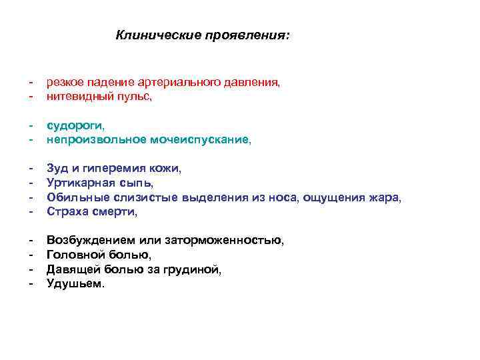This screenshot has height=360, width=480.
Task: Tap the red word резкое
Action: pyautogui.click(x=65, y=82)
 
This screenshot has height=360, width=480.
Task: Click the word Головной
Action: pyautogui.click(x=74, y=255)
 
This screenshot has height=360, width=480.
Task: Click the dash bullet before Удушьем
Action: pyautogui.click(x=31, y=283)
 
